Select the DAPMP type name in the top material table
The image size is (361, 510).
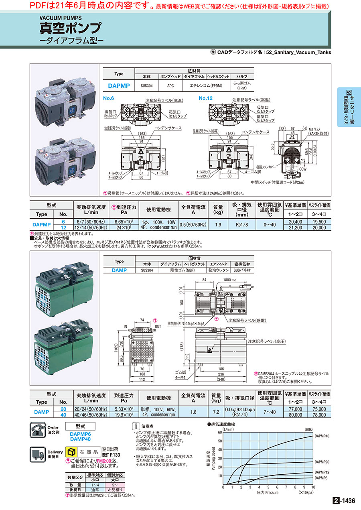pyautogui.click(x=119, y=85)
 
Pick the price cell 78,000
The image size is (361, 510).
pyautogui.click(x=319, y=415)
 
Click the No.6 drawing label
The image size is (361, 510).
pyautogui.click(x=109, y=98)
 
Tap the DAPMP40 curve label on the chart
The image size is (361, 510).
pyautogui.click(x=322, y=435)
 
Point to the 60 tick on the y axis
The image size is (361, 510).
pyautogui.click(x=219, y=432)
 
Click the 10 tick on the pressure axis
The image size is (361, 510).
pyautogui.click(x=313, y=487)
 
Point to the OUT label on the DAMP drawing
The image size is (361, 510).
pyautogui.click(x=157, y=326)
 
